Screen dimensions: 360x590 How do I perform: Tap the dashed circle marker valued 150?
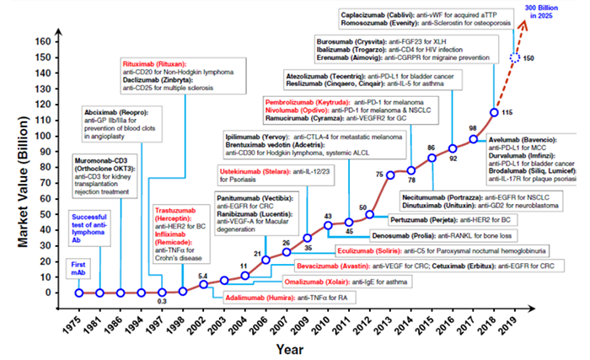515,58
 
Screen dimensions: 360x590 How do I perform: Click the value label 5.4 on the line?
203,275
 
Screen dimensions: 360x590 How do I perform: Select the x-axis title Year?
292,348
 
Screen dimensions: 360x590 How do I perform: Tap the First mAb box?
78,267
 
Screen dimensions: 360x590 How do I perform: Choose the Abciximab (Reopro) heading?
114,111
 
